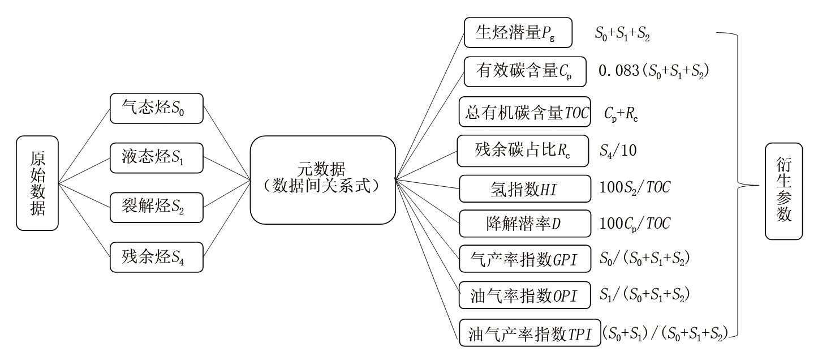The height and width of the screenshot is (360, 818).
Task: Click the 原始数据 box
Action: (37, 183)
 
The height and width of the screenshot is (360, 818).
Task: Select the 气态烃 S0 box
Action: (156, 108)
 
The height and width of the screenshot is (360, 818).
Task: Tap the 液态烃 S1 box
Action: (156, 157)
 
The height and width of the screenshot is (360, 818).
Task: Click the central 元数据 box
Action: (322, 179)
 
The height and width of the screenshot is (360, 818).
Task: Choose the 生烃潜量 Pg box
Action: (518, 33)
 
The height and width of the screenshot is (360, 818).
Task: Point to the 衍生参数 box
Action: (783, 191)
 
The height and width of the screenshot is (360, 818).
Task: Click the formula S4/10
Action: (617, 152)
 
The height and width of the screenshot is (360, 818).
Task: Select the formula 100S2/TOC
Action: (635, 188)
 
